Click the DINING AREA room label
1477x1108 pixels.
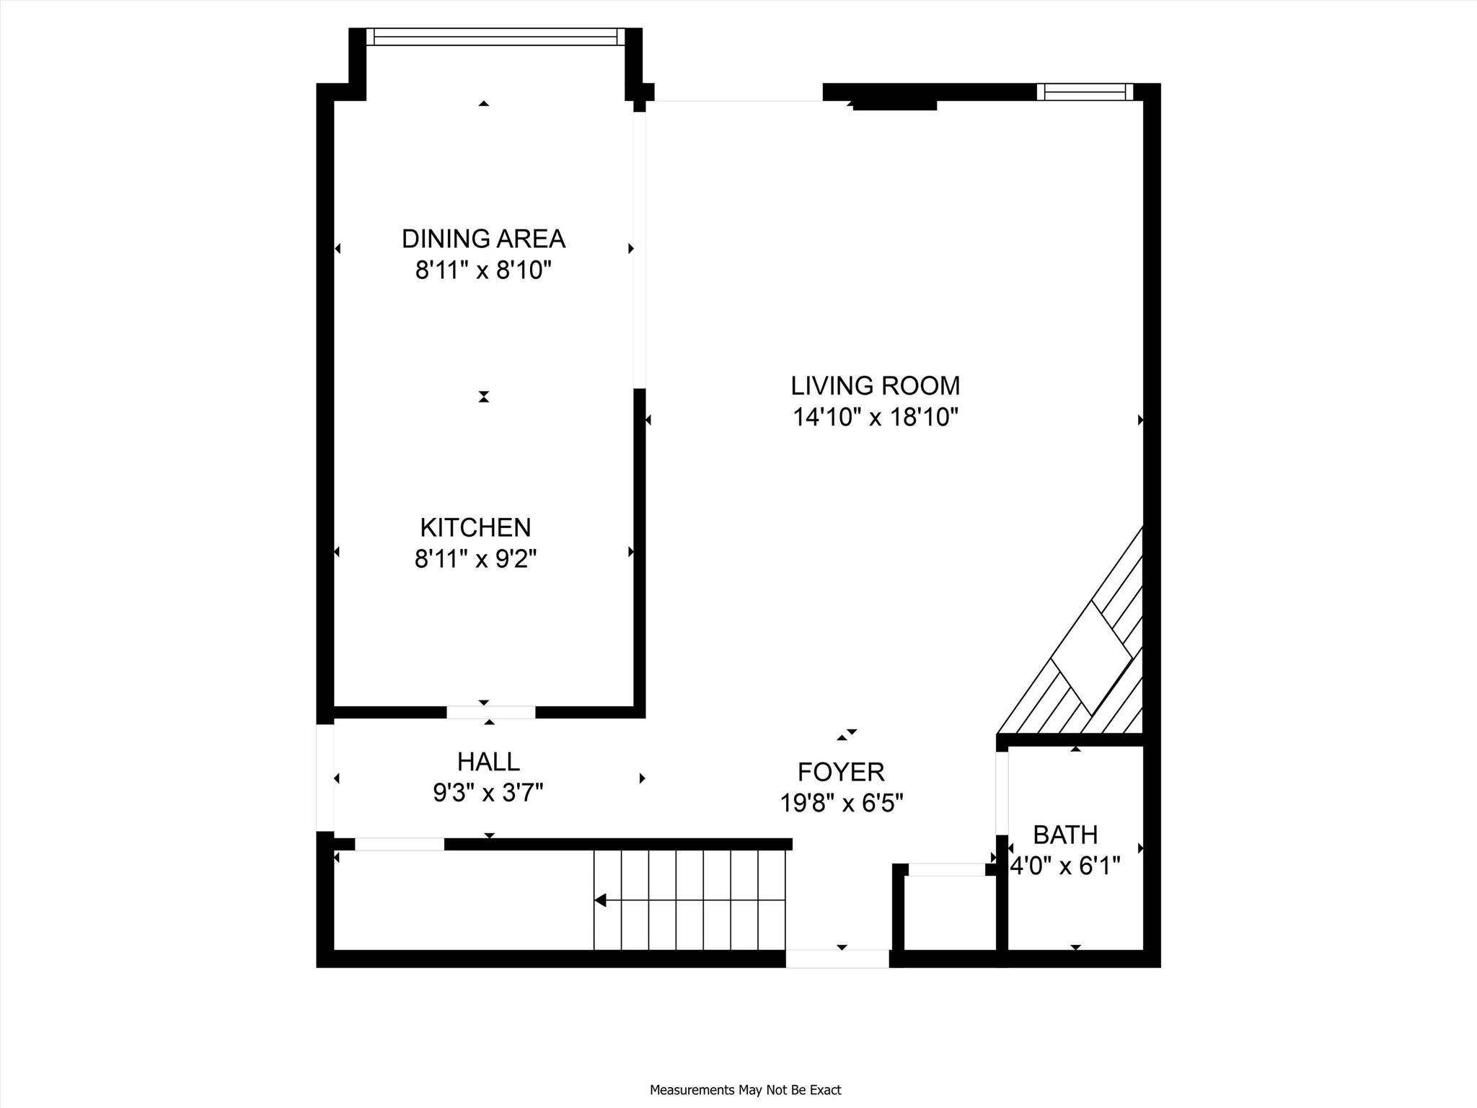point(483,239)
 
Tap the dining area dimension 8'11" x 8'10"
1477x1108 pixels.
point(483,271)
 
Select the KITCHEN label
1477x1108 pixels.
point(475,528)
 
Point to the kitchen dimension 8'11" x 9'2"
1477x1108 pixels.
point(476,559)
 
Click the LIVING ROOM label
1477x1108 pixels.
point(876,386)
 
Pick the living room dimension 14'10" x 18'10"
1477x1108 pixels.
point(876,418)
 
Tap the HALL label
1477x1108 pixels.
point(488,762)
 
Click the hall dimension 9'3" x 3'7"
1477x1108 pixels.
point(488,793)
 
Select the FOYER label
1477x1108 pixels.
point(841,773)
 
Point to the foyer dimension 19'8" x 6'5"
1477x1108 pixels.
point(842,803)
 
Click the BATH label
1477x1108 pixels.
point(1065,835)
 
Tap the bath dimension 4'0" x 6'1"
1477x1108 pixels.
point(1065,866)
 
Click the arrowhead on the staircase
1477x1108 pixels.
point(600,900)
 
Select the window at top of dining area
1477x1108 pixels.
point(495,37)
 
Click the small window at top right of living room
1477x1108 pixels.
point(1085,92)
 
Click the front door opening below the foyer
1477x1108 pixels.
point(837,959)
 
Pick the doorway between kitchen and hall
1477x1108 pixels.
point(491,713)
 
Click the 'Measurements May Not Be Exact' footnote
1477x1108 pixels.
point(746,1090)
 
